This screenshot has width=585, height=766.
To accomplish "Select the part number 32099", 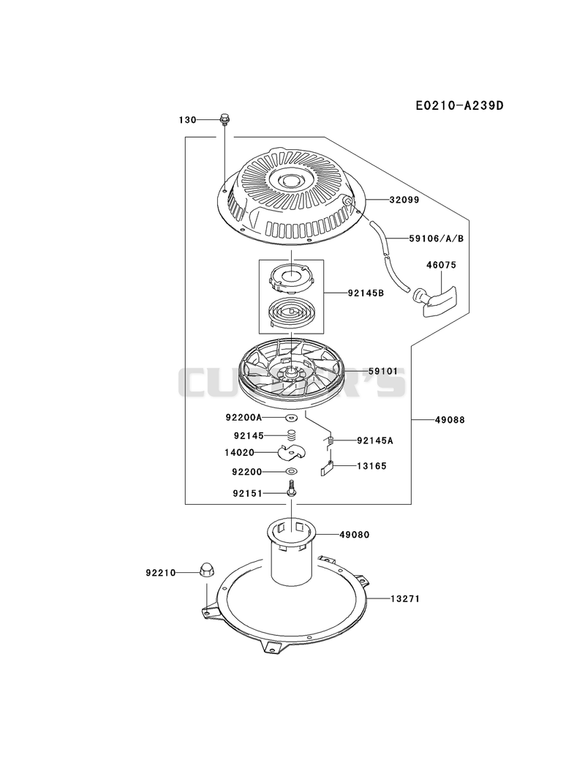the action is [404, 200].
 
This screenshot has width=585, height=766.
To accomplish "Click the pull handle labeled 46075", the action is [436, 296].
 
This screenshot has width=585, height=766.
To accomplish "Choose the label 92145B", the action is [366, 293].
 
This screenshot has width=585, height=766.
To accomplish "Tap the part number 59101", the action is [383, 371].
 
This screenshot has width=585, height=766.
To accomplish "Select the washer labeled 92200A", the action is [292, 418].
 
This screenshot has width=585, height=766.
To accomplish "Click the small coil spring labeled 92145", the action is [292, 435].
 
